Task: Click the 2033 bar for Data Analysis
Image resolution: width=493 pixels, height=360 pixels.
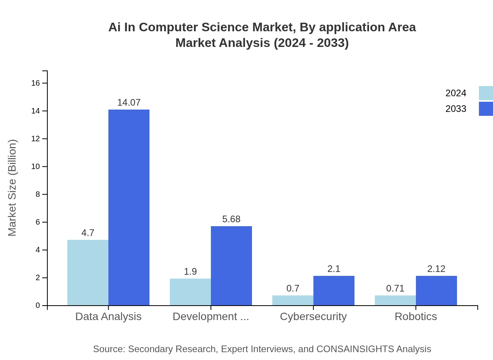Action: tap(129, 207)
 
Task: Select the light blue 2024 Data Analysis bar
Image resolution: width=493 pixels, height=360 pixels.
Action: tap(88, 272)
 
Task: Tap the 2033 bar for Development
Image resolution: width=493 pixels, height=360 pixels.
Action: tap(231, 266)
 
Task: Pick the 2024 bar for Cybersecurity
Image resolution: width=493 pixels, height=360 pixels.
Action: tap(293, 300)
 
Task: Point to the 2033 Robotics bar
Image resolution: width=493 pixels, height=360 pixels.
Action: tap(436, 290)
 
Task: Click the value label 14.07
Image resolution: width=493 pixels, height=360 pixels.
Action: tap(129, 103)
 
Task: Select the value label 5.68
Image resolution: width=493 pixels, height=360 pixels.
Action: tap(231, 219)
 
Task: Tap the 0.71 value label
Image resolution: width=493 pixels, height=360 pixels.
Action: tap(395, 288)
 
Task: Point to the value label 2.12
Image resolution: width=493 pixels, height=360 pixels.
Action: tap(436, 269)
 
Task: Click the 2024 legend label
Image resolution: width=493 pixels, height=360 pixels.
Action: tap(456, 93)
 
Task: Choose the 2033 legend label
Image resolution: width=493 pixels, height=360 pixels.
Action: tap(456, 109)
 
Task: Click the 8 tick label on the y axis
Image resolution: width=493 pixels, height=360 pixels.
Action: tap(38, 194)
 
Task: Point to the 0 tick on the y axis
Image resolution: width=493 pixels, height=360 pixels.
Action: tap(38, 306)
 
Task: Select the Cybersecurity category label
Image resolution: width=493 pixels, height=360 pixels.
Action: tap(313, 316)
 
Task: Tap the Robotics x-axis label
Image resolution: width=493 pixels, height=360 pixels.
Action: tap(416, 316)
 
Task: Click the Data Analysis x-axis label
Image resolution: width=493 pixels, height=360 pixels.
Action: tap(108, 316)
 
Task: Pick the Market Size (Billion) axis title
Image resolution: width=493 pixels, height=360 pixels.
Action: tap(13, 188)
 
